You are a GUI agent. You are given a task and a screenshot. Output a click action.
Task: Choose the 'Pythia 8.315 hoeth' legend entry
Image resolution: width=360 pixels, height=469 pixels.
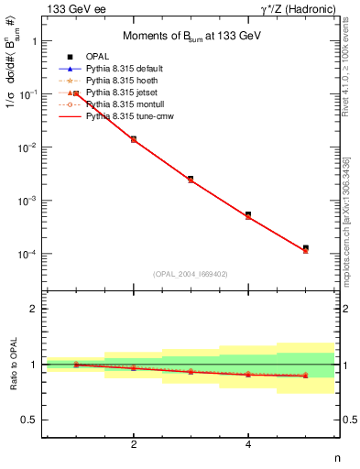coord(124,81)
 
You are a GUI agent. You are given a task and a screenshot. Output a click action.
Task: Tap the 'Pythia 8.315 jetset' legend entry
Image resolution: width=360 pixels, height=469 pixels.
coord(123,93)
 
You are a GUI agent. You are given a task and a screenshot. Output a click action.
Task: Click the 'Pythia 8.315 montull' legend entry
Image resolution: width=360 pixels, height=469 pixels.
coord(125,104)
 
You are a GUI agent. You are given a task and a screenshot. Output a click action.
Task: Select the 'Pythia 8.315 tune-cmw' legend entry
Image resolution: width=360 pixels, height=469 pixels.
coord(129,116)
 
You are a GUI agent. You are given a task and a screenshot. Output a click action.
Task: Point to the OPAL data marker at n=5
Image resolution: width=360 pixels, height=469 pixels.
coord(306,247)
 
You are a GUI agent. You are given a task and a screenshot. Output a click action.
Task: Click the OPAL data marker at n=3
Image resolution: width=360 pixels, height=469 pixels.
coord(191,178)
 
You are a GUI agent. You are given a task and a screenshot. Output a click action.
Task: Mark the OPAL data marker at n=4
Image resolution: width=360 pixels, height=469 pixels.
coord(248,214)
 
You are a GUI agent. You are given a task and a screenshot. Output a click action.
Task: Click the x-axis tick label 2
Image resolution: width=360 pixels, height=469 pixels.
coord(134,445)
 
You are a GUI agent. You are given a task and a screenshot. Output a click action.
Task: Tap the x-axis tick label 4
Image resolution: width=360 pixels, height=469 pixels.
coord(248,445)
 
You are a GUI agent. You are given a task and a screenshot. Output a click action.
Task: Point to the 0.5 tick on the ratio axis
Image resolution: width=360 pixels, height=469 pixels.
coord(33,420)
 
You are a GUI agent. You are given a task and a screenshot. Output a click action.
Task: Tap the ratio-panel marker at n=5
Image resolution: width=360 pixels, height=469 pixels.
coord(306,375)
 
